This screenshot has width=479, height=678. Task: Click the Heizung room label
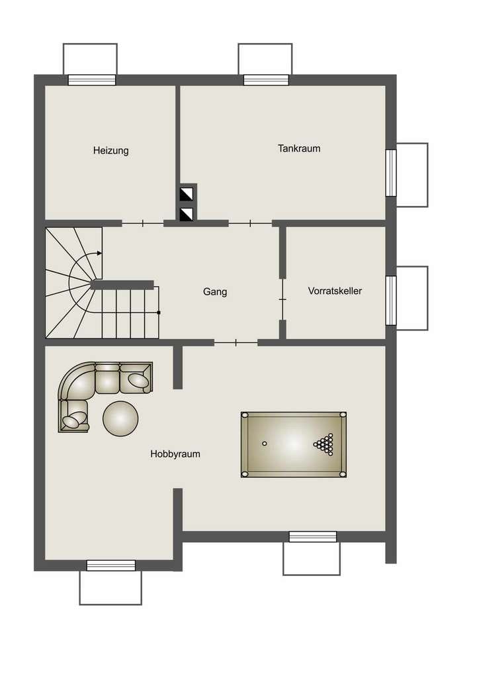pos(111,151)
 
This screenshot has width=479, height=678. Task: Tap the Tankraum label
pos(299,149)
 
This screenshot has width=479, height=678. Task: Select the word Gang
pos(215,292)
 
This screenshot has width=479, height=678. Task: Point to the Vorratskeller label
pos(335,291)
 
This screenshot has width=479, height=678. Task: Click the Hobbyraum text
pos(175,454)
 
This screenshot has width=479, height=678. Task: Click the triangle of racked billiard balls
pos(325,444)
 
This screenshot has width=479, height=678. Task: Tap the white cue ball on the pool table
pos(265,443)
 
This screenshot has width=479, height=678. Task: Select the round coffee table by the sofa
pos(120,418)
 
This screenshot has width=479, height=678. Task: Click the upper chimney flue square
pos(187,195)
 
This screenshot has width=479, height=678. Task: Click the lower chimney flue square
pos(187,214)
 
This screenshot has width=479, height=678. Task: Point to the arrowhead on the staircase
pos(100,253)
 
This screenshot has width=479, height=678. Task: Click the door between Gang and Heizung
pos(142,224)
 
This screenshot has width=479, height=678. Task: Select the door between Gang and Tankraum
pos(250,224)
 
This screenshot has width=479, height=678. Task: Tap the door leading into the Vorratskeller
pos(283,299)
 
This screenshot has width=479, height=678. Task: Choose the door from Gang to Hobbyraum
pos(236,343)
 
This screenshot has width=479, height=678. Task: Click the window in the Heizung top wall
pos(92,80)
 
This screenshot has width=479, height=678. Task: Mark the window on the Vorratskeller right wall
pos(391,300)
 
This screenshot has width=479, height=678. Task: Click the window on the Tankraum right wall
pos(391,173)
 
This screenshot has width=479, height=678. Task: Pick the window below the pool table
pos(313,537)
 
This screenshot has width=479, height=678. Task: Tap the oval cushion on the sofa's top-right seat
pos(138,379)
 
